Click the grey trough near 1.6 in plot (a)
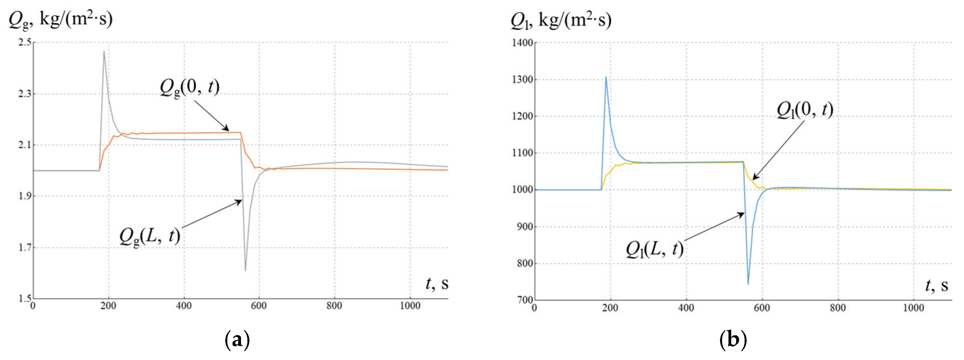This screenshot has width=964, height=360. (245, 270)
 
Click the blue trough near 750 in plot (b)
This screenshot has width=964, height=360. (748, 284)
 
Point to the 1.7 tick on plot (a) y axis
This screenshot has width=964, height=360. (25, 247)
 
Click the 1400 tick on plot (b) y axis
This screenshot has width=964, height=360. (522, 43)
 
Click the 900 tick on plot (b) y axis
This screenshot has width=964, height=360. (525, 227)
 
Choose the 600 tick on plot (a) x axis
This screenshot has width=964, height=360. (259, 306)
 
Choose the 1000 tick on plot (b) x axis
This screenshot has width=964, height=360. (913, 308)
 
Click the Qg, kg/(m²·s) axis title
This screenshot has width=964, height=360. (61, 19)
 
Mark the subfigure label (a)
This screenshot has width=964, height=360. (237, 340)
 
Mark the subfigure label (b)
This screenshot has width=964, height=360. (733, 340)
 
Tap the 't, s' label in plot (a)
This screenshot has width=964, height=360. (437, 284)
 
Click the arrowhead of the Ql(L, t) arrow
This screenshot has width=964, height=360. (743, 214)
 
